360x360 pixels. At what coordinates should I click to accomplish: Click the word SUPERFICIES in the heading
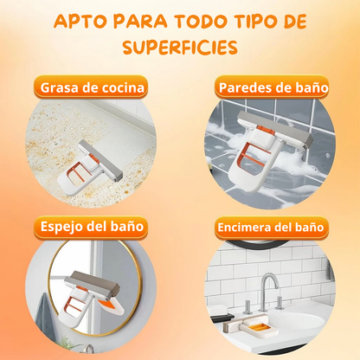[180, 48]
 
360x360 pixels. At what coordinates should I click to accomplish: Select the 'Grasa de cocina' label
[92, 87]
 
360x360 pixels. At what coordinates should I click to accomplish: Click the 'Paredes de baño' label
[273, 87]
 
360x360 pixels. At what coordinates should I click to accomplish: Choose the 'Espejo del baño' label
[92, 227]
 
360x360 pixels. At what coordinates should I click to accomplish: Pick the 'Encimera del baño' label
[271, 228]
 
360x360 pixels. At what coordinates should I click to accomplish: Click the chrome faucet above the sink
[268, 292]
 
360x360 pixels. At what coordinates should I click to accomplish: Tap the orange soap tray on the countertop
[260, 327]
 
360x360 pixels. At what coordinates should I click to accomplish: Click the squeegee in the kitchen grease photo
[90, 166]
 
